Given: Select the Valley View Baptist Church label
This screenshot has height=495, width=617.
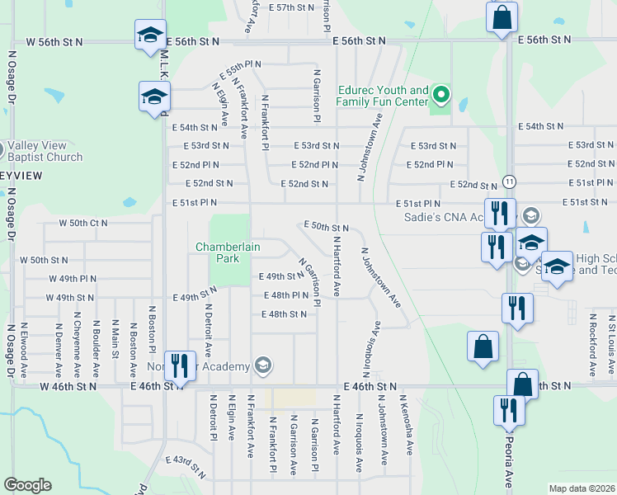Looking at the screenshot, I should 45,151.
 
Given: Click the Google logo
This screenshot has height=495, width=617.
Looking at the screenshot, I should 27,485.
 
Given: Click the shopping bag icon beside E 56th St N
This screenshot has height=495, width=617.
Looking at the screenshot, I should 501,17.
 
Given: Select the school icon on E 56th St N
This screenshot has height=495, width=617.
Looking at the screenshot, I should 149,35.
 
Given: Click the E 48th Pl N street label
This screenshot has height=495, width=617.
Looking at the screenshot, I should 285,295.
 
